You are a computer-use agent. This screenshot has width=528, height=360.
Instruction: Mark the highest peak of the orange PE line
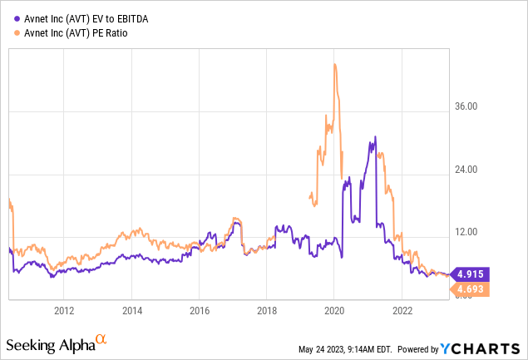(x=334, y=64)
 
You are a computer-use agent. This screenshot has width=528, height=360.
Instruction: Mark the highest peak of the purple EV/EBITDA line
(x=375, y=136)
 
